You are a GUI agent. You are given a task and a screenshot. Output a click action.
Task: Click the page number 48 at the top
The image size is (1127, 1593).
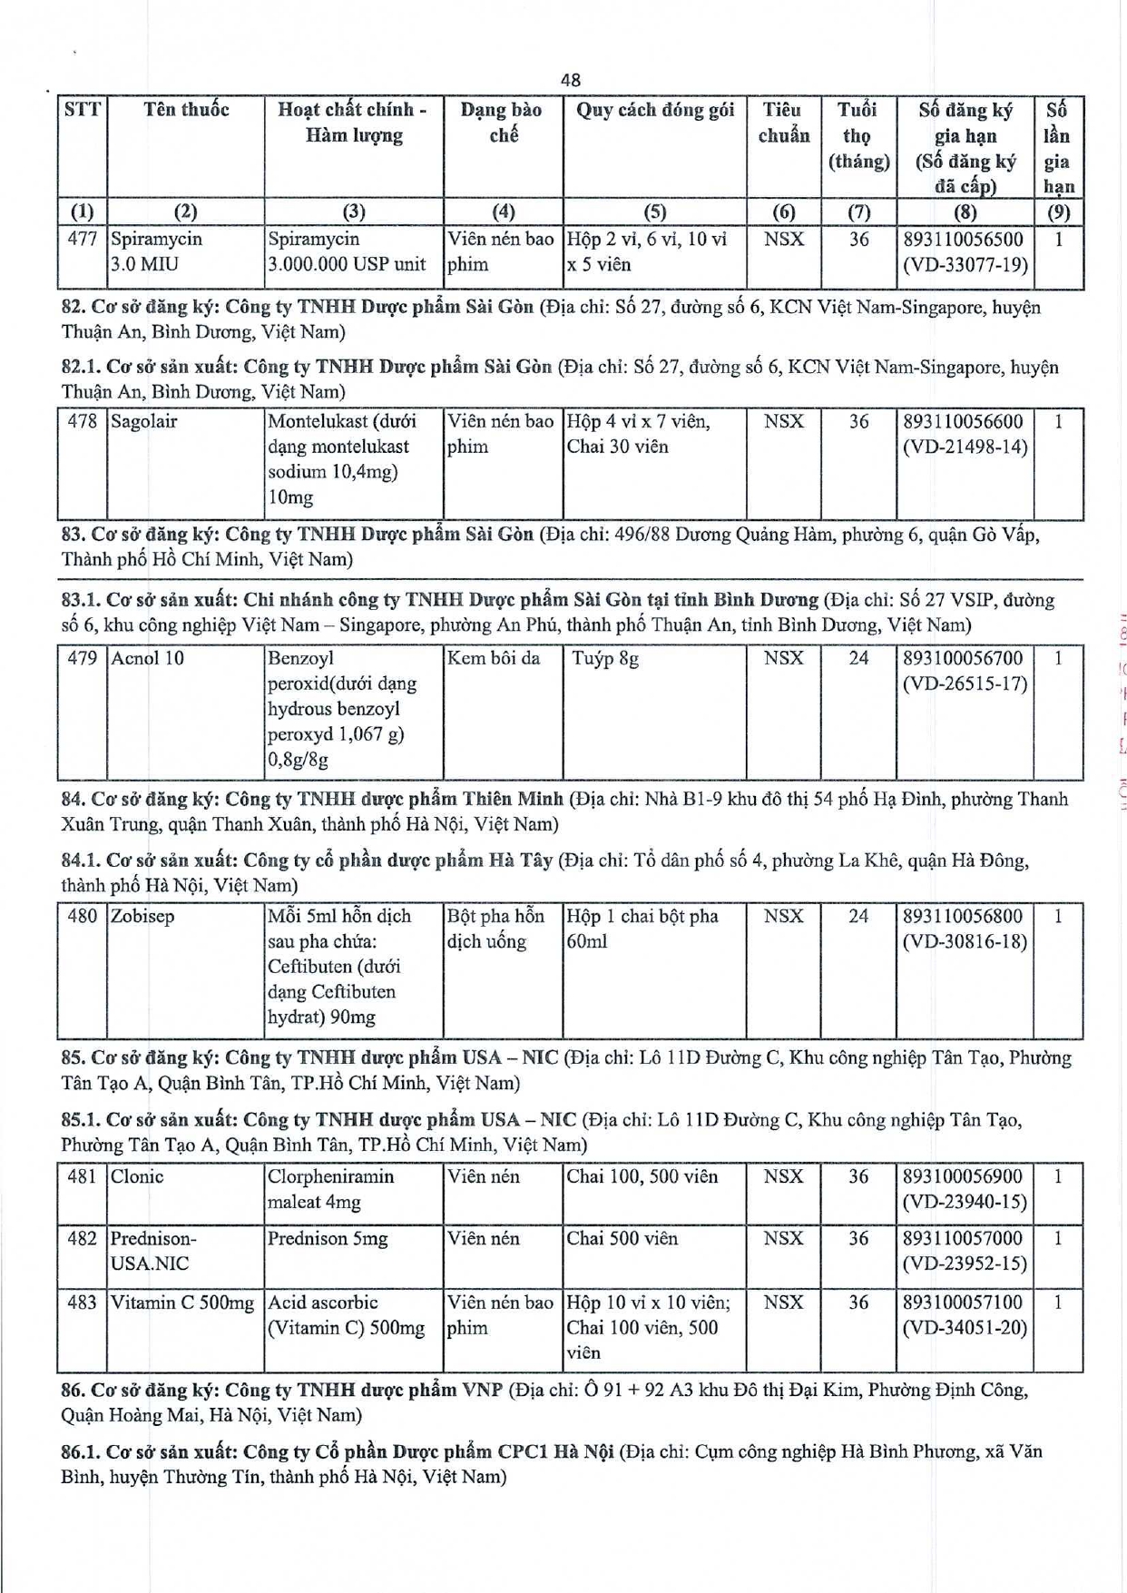571,80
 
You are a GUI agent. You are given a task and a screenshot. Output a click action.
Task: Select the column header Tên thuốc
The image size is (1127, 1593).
186,110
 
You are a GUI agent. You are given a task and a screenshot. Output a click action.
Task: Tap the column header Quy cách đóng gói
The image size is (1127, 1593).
654,110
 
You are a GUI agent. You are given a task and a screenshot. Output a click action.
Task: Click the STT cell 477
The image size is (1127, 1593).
83,240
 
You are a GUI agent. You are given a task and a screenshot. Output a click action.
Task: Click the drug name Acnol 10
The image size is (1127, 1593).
147,658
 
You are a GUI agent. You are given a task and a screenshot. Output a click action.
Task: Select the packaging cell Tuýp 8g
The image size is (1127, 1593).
605,658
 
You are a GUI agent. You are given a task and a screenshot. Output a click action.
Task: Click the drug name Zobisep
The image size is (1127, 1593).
142,917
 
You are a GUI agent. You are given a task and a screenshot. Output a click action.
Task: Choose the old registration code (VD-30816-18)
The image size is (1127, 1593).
965,942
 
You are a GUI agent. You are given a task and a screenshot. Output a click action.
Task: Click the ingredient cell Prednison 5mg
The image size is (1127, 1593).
328,1239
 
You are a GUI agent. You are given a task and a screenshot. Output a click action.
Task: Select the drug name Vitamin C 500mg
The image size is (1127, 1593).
182,1303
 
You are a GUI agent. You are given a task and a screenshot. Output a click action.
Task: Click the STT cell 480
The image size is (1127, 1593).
83,917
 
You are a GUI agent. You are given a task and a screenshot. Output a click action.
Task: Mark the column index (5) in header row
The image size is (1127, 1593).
654,211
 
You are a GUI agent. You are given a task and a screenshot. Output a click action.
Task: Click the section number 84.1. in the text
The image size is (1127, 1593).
81,860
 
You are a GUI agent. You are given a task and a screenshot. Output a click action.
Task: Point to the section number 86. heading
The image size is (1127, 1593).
73,1391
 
